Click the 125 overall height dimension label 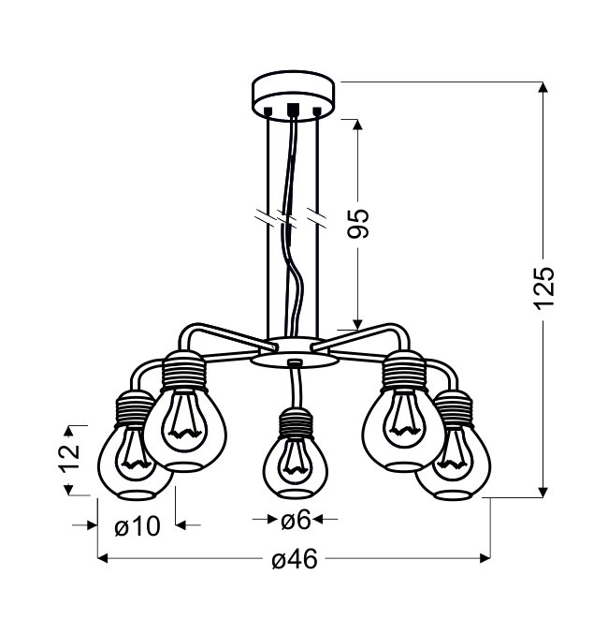click(x=543, y=288)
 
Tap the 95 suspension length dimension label click(x=358, y=224)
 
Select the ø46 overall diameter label click(x=295, y=560)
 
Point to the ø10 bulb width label click(x=138, y=527)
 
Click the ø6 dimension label click(x=296, y=520)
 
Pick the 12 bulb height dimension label click(x=69, y=459)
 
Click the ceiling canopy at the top click(x=294, y=96)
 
